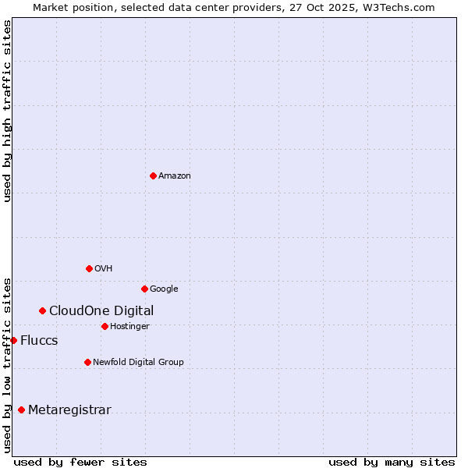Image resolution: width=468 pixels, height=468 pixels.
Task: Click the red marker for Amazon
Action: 153,175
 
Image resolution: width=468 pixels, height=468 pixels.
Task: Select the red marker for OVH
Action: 89,268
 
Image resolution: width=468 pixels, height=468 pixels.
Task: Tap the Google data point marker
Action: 144,289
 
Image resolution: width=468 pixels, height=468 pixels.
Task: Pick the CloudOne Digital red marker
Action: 42,310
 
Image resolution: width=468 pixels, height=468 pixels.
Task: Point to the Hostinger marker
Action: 105,326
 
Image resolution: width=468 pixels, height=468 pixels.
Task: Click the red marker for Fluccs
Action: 13,340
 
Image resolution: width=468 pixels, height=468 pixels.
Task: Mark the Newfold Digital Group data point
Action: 87,362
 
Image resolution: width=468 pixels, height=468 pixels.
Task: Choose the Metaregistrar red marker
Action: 21,409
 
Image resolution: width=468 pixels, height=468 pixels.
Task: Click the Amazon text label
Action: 175,176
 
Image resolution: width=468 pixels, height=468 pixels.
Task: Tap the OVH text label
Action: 104,269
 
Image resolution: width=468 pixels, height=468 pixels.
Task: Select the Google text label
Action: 164,289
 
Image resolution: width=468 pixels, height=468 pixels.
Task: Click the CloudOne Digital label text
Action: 101,311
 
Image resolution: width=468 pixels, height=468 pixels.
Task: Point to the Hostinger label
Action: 129,327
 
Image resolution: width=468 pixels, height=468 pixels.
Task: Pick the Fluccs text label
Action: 39,341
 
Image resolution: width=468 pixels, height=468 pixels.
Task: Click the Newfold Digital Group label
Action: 138,363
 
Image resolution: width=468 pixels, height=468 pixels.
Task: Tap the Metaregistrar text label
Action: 69,410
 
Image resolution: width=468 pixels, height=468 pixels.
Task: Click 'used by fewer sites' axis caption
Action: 80,462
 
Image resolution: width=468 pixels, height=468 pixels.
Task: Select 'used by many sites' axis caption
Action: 392,462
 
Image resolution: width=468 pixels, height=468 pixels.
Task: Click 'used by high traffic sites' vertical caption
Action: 8,111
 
